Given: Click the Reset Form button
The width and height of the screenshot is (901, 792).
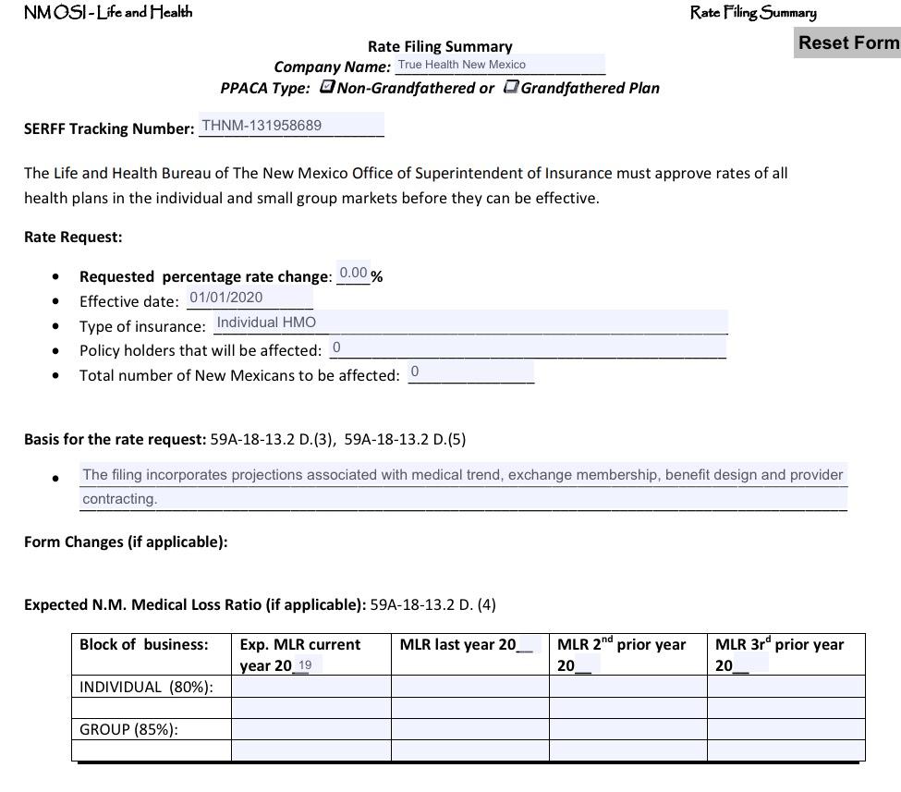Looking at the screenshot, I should pyautogui.click(x=847, y=43).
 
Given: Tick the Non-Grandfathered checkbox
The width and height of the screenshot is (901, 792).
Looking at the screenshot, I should pyautogui.click(x=326, y=87).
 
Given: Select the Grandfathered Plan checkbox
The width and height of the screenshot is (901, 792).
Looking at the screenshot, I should pyautogui.click(x=510, y=87).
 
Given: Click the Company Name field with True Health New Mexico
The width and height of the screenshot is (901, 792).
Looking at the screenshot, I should pyautogui.click(x=499, y=65).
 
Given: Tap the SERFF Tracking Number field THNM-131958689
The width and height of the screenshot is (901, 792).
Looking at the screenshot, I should pyautogui.click(x=290, y=126).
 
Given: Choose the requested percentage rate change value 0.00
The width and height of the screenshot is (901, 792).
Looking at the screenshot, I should pyautogui.click(x=353, y=274).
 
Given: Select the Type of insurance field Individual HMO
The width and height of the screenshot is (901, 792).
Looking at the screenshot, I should pyautogui.click(x=469, y=323).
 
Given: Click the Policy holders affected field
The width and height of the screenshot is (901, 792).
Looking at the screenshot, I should pyautogui.click(x=527, y=347).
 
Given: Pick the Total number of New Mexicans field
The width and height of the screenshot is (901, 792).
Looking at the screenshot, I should pyautogui.click(x=470, y=372).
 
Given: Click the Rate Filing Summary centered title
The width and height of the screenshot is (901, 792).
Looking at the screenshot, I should pyautogui.click(x=440, y=46).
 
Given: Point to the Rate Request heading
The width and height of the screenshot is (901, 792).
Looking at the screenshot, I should pyautogui.click(x=73, y=237).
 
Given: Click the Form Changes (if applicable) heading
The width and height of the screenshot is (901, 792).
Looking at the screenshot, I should pyautogui.click(x=126, y=542).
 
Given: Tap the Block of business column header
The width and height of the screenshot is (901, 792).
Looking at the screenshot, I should pyautogui.click(x=144, y=644).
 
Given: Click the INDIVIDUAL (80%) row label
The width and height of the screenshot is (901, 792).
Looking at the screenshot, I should pyautogui.click(x=146, y=687).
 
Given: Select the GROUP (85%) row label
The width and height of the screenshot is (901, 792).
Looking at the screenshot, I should pyautogui.click(x=128, y=729).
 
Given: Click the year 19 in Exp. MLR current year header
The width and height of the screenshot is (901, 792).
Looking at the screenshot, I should pyautogui.click(x=305, y=665).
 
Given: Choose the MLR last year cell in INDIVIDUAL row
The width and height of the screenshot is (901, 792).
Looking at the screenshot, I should pyautogui.click(x=469, y=687).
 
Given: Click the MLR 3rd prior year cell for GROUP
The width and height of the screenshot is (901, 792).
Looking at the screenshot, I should pyautogui.click(x=785, y=729).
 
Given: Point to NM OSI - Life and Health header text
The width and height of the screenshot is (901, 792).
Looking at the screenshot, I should pyautogui.click(x=108, y=12).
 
